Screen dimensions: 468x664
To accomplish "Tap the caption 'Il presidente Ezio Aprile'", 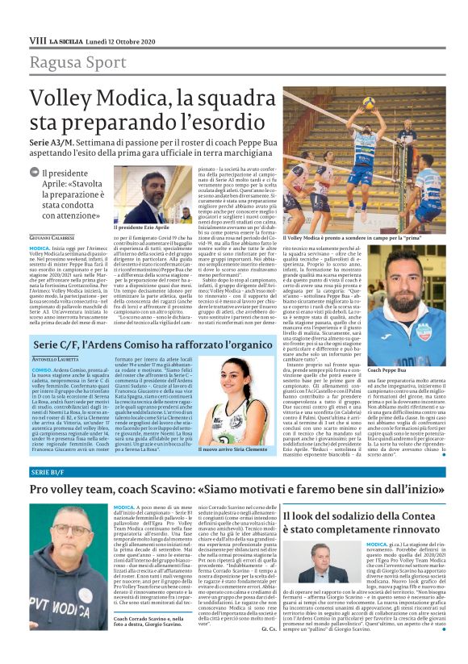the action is [x=150, y=228].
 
